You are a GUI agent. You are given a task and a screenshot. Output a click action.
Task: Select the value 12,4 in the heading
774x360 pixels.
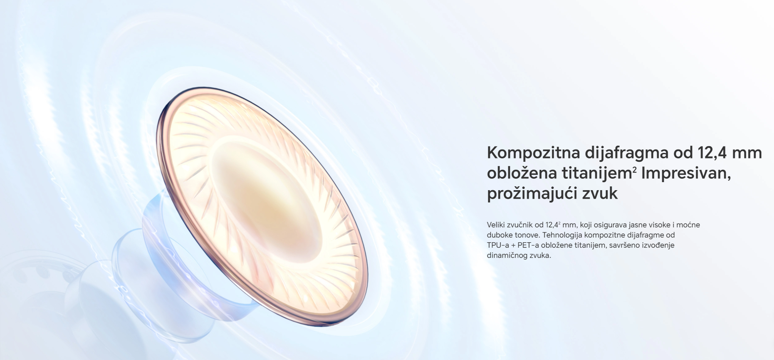(x=713, y=152)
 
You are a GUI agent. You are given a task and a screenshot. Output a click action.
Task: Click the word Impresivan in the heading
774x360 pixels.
(x=686, y=173)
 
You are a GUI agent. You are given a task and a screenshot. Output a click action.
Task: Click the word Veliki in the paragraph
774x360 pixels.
(x=496, y=225)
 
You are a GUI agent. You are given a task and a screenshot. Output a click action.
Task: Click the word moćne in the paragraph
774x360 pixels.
(x=689, y=225)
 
